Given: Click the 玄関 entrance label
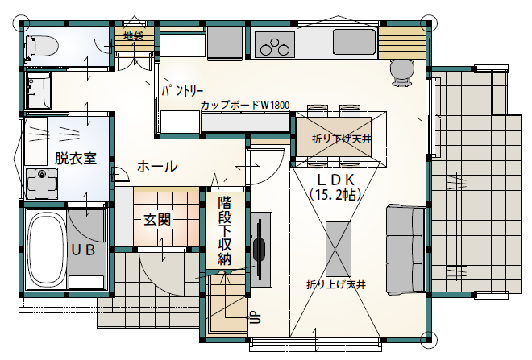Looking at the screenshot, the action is tap(157, 221).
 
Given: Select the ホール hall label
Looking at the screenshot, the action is tap(157, 167).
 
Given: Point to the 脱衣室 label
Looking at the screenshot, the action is tap(76, 159).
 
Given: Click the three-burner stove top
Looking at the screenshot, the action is tap(275, 44).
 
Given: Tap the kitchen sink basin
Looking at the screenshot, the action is tap(354, 42).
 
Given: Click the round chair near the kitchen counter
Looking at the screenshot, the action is tap(402, 72).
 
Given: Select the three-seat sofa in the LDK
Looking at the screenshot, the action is tap(405, 249).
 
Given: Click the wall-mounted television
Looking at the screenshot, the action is tap(260, 249).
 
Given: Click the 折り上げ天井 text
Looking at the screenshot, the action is tap(336, 284).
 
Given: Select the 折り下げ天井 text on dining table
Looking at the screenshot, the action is tap(341, 139).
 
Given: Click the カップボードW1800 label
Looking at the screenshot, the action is tap(245, 105).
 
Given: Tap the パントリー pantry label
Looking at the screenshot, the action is tap(182, 91).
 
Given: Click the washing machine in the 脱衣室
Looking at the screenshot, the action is tap(42, 184).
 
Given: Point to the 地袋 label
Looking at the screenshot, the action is tap(133, 35).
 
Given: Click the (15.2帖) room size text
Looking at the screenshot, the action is tap(335, 194).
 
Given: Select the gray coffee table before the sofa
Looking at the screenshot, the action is tap(339, 244).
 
